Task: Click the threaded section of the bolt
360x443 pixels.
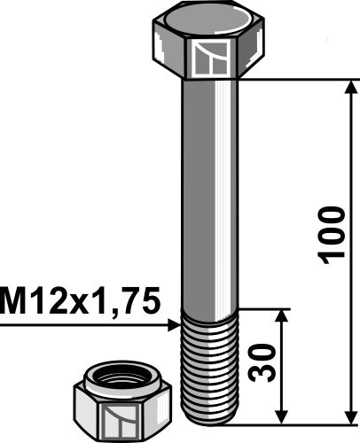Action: pos(209,363)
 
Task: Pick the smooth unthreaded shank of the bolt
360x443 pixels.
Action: pos(209,195)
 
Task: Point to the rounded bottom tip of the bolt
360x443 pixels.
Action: pos(209,417)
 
